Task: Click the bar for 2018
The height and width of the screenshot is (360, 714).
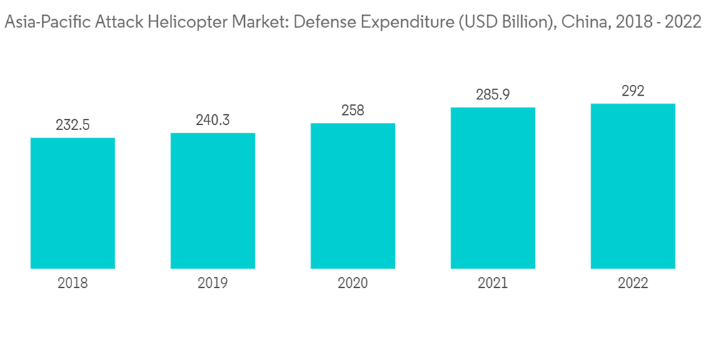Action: coord(73,203)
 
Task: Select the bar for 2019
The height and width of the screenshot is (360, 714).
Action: coord(213,201)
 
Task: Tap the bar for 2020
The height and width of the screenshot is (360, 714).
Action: coord(353,196)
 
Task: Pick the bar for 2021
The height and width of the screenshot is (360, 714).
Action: coord(493,188)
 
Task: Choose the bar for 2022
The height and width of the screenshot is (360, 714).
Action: coord(633,186)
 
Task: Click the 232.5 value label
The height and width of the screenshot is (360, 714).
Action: coord(73,125)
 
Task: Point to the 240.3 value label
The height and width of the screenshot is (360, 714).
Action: coord(213,120)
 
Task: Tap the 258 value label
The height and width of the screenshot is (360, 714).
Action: coord(353,111)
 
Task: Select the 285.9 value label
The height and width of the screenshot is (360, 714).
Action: coord(493,94)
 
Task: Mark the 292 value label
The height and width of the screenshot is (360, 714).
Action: coord(633,91)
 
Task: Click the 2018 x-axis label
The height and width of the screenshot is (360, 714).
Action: coord(73,284)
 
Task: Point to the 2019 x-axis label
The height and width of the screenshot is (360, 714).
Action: coord(213,284)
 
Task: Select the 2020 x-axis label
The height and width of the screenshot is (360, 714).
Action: coord(353,284)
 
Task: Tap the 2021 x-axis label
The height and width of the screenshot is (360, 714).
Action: coord(493,284)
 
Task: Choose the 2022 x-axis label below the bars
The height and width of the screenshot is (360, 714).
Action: coord(633,284)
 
